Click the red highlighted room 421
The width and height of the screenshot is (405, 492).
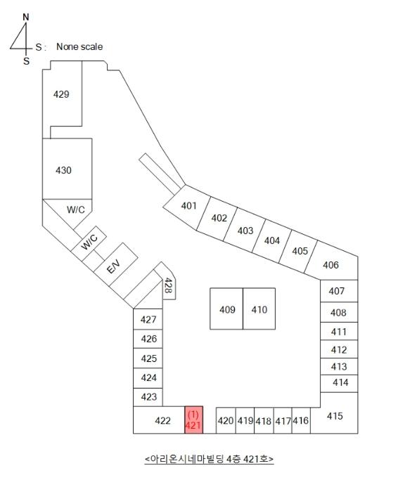193,420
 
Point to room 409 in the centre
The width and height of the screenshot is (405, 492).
226,309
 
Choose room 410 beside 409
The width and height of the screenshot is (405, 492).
259,309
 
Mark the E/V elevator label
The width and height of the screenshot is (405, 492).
113,266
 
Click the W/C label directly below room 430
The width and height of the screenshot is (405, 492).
76,209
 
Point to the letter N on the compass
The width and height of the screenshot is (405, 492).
26,18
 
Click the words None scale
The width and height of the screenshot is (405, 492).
79,47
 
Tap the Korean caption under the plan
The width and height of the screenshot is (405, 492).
209,459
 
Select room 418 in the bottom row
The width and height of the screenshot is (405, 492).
264,420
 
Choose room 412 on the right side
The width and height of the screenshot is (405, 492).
339,349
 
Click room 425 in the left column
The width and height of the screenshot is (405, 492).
148,358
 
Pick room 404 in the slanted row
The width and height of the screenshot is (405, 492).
272,240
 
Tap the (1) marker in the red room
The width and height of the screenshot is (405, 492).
193,415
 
